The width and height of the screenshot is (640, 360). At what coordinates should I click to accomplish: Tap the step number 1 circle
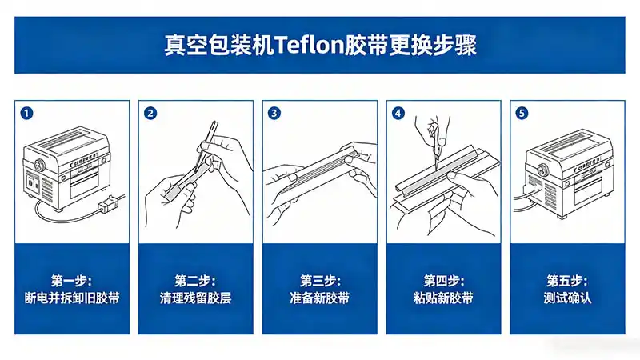coord(27,113)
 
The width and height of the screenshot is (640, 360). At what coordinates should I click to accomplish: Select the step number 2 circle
coord(150,113)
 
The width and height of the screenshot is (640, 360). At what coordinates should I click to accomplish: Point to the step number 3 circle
coord(274,113)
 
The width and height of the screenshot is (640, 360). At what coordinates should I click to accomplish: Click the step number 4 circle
coord(398,113)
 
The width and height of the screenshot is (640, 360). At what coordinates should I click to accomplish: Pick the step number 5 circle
coord(522,113)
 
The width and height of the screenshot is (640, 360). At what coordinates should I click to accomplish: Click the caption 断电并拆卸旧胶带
coord(72,298)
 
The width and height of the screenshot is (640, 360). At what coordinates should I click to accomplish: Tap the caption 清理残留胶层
coord(196,298)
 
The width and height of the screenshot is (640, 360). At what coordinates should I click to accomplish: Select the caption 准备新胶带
coord(319,298)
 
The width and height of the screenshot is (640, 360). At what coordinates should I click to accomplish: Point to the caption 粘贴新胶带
coord(443,298)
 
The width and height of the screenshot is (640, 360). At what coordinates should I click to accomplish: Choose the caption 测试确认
coord(566,298)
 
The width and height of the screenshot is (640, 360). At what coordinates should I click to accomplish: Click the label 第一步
coord(72,281)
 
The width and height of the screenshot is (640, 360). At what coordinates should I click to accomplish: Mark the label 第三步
coord(319,281)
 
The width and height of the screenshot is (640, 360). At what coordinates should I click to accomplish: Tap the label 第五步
coord(566,281)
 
